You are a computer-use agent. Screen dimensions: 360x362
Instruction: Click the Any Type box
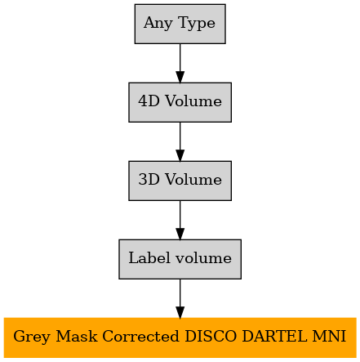(180, 24)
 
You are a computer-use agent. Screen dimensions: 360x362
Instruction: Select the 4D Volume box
(180, 102)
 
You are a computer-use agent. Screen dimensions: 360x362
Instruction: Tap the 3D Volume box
(180, 181)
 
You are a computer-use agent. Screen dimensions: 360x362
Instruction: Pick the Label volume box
(180, 259)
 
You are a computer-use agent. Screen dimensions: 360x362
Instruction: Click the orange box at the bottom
(180, 337)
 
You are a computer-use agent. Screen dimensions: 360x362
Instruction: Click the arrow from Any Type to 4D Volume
(180, 63)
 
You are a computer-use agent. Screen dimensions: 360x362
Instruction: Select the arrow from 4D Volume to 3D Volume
(180, 141)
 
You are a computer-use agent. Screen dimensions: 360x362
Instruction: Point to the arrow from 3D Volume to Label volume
(180, 220)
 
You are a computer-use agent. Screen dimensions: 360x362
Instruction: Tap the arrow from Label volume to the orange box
(180, 298)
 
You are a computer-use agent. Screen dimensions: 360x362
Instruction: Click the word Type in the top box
(197, 24)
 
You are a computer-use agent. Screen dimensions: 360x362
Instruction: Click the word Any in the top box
(158, 24)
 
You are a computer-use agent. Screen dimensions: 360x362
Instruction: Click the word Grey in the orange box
(32, 337)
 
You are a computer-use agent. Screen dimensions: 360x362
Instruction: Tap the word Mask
(77, 336)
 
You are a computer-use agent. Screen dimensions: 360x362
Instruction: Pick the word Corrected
(140, 336)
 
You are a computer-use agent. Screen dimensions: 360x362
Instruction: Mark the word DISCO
(211, 336)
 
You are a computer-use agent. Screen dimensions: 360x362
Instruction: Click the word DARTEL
(274, 336)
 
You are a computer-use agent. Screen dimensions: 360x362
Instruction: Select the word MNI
(329, 336)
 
